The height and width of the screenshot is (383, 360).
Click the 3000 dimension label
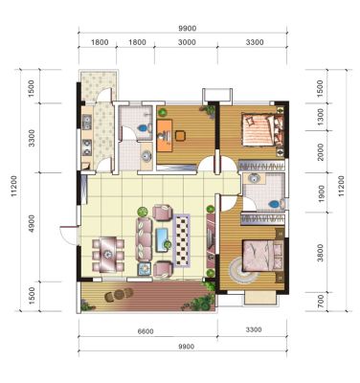click(x=187, y=42)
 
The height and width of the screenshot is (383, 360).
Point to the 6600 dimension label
click(x=146, y=331)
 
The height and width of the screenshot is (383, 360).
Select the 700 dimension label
click(x=321, y=302)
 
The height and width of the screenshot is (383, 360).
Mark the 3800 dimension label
click(x=321, y=253)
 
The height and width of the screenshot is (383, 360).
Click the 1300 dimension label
click(x=321, y=117)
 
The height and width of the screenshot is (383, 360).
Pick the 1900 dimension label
click(x=321, y=193)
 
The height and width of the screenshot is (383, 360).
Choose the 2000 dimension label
click(x=321, y=152)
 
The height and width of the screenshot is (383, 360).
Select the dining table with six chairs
click(x=108, y=255)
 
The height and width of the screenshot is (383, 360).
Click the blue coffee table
click(x=164, y=240)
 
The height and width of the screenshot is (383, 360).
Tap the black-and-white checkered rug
click(x=182, y=240)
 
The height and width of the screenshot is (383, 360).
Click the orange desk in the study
click(x=165, y=135)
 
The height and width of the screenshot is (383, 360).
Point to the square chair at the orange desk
click(x=180, y=136)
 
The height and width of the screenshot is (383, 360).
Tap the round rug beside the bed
click(x=241, y=270)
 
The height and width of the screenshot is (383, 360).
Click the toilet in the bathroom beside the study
click(x=144, y=128)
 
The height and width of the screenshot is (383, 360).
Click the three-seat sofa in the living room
click(x=144, y=238)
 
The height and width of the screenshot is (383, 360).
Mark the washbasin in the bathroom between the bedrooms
click(x=254, y=178)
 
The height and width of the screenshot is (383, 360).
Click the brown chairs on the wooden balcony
click(x=119, y=295)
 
